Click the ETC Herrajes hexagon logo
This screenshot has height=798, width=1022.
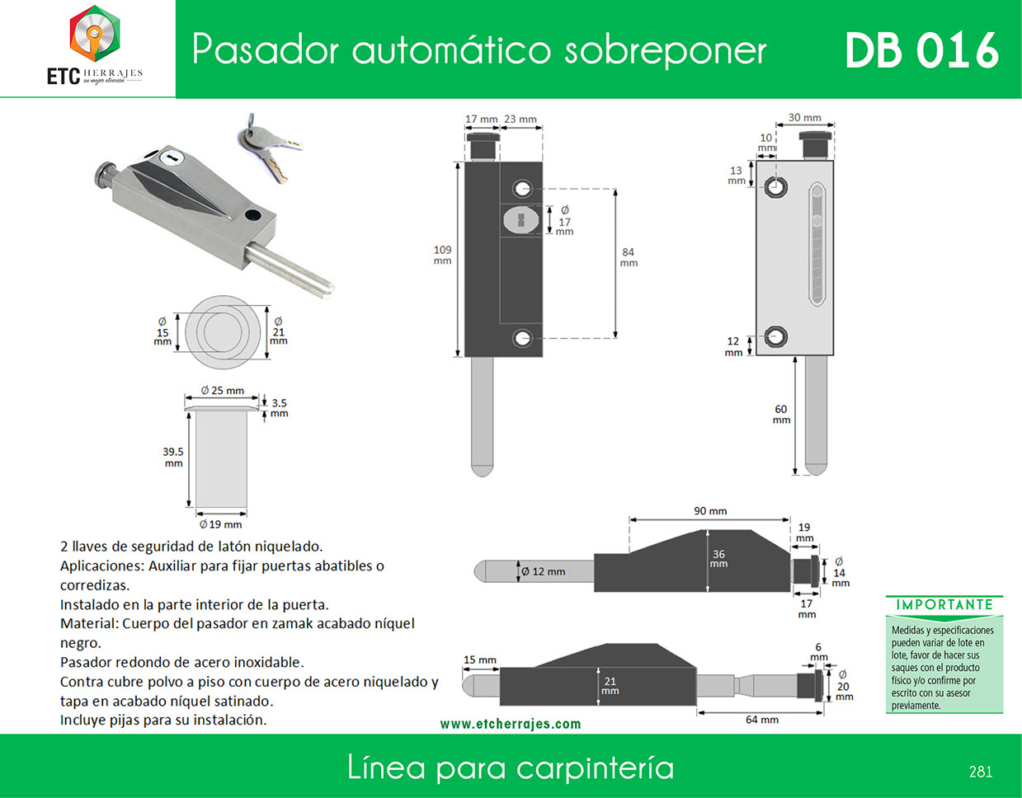click(x=95, y=34)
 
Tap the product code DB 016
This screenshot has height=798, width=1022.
click(x=921, y=51)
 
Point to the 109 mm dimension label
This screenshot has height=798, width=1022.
click(x=442, y=256)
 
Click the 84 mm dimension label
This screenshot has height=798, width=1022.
click(x=629, y=257)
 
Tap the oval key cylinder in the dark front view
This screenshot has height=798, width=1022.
click(x=521, y=219)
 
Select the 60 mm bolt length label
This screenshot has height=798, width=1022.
click(x=781, y=414)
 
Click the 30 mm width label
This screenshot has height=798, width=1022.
click(x=805, y=118)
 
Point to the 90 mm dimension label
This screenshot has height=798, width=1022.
click(x=710, y=511)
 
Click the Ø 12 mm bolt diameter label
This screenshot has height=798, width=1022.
click(x=544, y=571)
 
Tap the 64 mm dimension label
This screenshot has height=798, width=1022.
click(x=762, y=720)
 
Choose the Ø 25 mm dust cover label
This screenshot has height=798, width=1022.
click(x=223, y=391)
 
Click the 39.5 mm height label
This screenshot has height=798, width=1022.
click(x=173, y=457)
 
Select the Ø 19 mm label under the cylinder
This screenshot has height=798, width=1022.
click(x=220, y=524)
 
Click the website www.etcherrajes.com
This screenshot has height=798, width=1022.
click(x=511, y=724)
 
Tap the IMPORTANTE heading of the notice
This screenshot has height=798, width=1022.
click(x=944, y=605)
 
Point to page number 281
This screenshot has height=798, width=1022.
click(x=981, y=772)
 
